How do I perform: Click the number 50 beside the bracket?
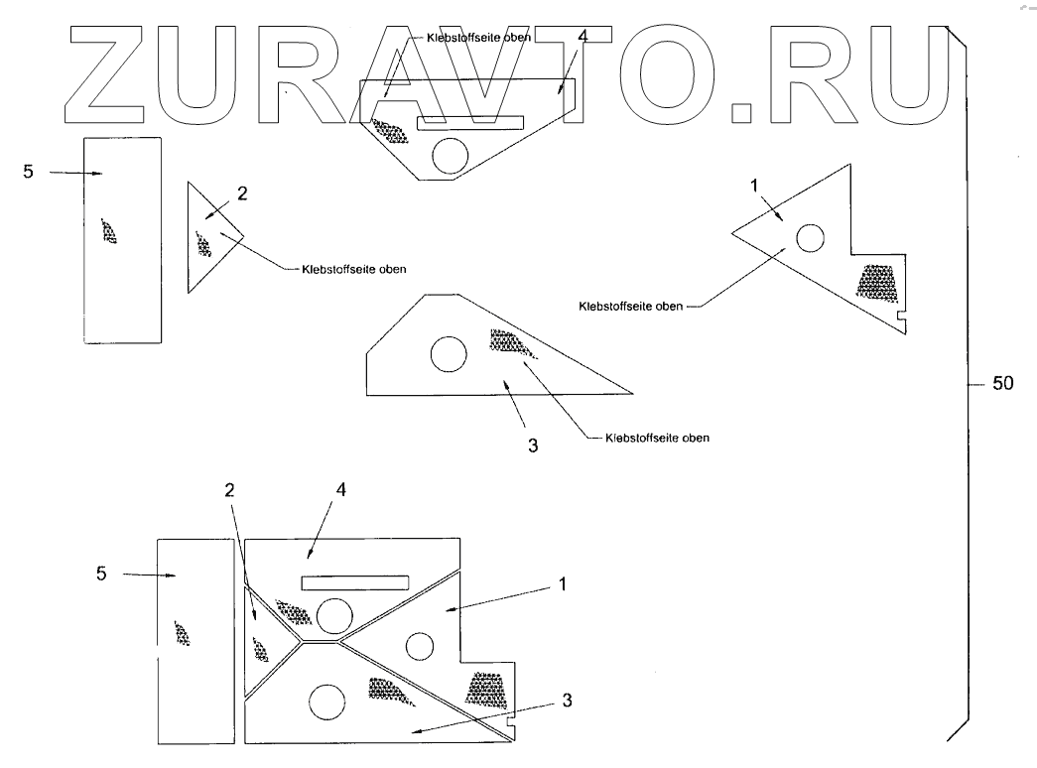point(1002,384)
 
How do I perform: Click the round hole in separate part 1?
point(810,238)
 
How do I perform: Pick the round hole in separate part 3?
point(448,353)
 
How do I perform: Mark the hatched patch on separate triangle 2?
point(204,243)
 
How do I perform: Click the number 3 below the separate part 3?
point(533,446)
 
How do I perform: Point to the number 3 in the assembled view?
point(567,699)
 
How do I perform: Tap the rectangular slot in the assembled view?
point(355,581)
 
